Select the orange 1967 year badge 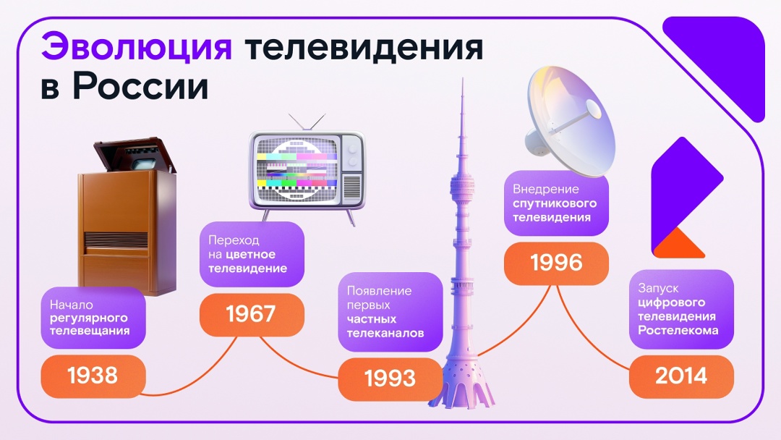(x=251, y=315)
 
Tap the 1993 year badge (x=390, y=378)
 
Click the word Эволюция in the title (x=136, y=48)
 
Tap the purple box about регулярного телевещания (x=93, y=317)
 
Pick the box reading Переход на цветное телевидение (x=251, y=254)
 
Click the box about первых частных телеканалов (x=390, y=312)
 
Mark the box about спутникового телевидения (x=556, y=203)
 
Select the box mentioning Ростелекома (x=681, y=309)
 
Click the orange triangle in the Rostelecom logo (x=679, y=245)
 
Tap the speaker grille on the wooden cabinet (x=115, y=240)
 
